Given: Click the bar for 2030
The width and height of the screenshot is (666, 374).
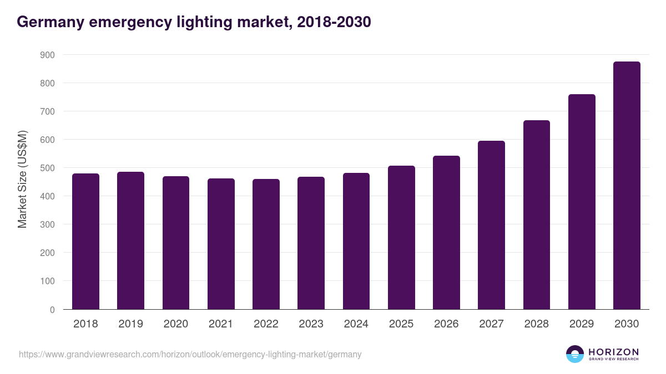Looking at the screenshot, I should (627, 186).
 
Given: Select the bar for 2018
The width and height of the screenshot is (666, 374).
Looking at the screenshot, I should (85, 242).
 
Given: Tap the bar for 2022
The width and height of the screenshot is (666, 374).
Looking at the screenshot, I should (266, 244).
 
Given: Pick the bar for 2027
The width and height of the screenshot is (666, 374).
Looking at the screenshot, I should (491, 225).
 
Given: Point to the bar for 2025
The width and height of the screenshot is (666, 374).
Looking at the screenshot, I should (401, 238).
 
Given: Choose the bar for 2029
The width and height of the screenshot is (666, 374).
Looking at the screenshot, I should (582, 202).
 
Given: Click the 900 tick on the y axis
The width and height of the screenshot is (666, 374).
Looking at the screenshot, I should (48, 55).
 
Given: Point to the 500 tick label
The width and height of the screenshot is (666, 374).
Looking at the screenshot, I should (48, 168).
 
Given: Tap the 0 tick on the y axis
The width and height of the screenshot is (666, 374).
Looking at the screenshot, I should (52, 310).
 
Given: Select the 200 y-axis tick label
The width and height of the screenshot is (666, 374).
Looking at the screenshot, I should (48, 253).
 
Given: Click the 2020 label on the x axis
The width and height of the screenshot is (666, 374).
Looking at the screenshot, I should (175, 324).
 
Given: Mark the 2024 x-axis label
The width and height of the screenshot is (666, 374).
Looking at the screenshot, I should (356, 324).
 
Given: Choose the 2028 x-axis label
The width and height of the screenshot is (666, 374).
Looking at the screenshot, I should (536, 324).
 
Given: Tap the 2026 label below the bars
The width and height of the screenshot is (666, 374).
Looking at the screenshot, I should (446, 324).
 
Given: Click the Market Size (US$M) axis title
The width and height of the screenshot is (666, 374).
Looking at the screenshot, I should (22, 180).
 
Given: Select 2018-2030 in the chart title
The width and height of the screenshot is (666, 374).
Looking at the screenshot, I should (334, 22).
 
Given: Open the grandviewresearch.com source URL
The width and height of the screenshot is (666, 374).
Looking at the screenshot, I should (190, 354).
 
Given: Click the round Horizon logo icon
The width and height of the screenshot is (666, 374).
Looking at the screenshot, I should (575, 354).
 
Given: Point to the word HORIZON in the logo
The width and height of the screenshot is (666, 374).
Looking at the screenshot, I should (613, 352).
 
